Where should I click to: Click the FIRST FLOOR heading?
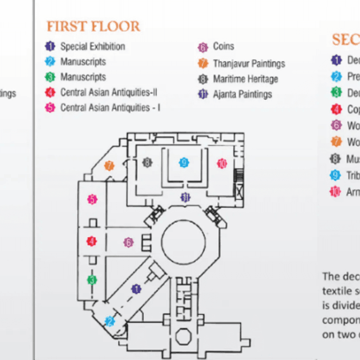click(93, 26)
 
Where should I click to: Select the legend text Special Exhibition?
click(92, 47)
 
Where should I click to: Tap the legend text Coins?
click(223, 47)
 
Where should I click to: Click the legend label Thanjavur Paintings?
click(249, 63)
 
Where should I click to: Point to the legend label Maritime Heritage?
click(245, 79)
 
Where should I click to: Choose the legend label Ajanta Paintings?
click(242, 94)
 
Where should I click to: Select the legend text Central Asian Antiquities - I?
click(110, 108)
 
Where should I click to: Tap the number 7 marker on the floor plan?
click(109, 166)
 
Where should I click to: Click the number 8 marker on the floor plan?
click(147, 162)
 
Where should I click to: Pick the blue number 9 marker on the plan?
click(184, 163)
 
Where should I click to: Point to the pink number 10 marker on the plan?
click(221, 164)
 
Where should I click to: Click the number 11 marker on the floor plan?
click(185, 197)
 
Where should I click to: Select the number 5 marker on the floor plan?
click(92, 199)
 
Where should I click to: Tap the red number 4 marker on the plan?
click(91, 241)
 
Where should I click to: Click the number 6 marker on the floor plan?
click(128, 242)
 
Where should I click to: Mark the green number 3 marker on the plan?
click(92, 279)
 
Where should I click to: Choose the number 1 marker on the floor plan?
click(137, 289)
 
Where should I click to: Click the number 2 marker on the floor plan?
click(110, 322)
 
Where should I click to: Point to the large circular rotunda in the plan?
click(183, 242)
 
